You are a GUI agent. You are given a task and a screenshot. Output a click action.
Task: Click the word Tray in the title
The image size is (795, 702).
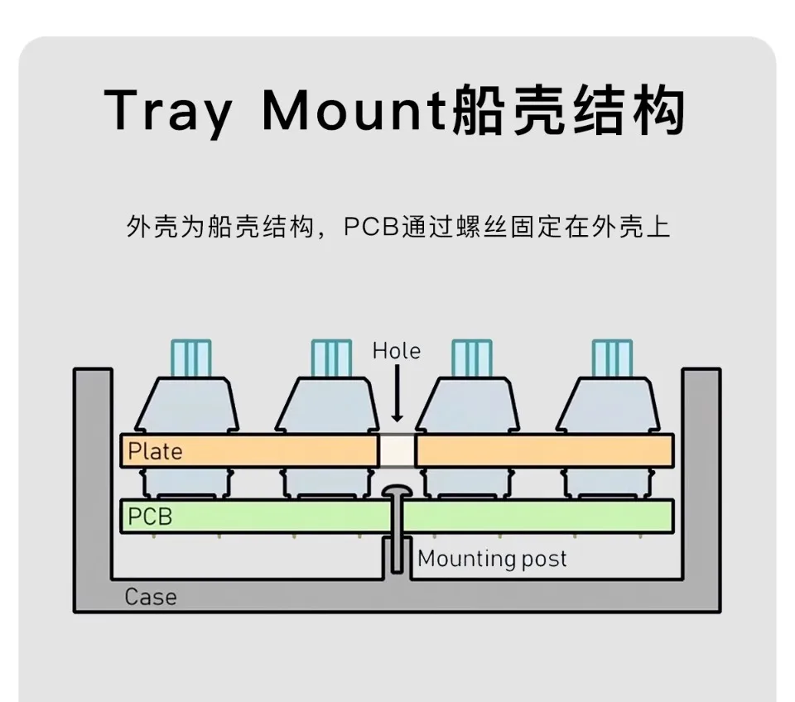[x=168, y=110]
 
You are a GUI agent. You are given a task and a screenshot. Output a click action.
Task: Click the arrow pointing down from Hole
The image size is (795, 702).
[x=397, y=394]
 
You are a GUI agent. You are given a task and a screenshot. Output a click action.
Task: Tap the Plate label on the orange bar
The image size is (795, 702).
[x=155, y=451]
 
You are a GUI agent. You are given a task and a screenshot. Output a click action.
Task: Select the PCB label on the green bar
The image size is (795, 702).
[x=150, y=517]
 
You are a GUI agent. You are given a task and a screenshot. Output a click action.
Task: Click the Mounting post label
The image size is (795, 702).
[x=492, y=559]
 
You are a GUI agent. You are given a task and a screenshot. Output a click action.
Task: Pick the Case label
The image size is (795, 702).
[x=150, y=596]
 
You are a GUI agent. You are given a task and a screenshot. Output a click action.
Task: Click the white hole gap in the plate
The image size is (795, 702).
[x=397, y=450]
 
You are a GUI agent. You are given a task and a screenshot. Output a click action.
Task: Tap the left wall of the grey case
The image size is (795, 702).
[x=92, y=480]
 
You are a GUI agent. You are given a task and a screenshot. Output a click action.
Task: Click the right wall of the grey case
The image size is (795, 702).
[x=701, y=480]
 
